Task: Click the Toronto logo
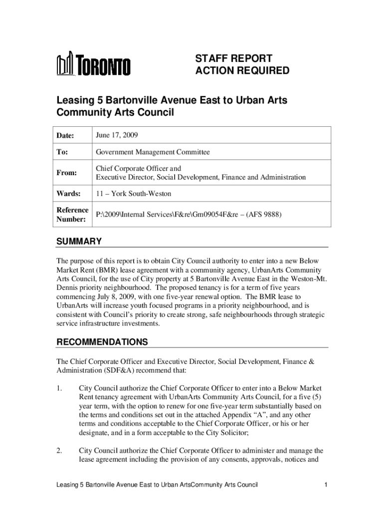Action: point(94,65)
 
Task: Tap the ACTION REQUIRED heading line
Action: point(242,71)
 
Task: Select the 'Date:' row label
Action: point(65,135)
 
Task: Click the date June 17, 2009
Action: point(117,135)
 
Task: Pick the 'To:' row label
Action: point(62,152)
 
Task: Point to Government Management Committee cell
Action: point(153,152)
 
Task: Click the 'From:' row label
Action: point(66,173)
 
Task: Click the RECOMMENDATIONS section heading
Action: point(102,342)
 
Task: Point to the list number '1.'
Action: point(59,388)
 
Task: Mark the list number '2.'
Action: point(59,451)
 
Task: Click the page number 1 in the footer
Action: point(325,485)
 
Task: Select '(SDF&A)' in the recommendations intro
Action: point(119,370)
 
